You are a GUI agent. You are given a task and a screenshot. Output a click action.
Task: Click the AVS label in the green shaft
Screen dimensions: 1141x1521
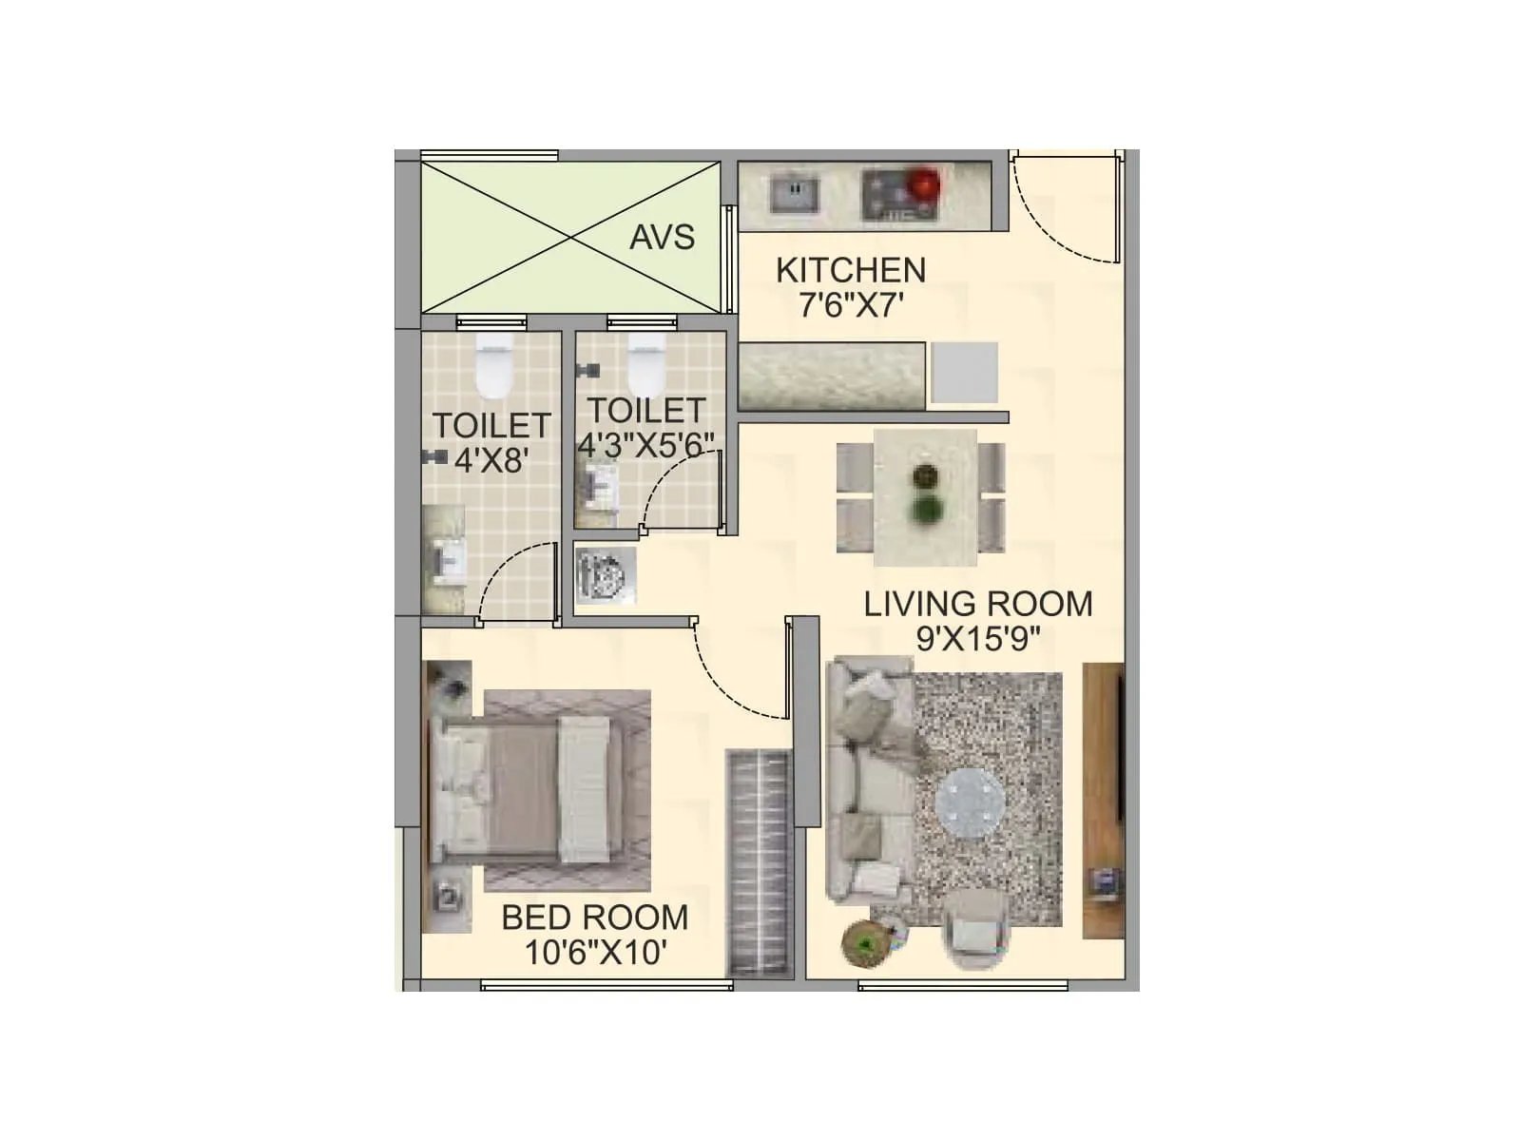pyautogui.click(x=662, y=237)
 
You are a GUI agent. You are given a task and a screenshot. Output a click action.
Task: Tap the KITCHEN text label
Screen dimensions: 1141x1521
pyautogui.click(x=850, y=271)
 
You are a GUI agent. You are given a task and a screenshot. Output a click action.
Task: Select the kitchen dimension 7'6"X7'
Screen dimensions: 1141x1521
pyautogui.click(x=850, y=306)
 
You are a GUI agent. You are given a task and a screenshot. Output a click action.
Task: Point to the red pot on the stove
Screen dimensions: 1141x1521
pyautogui.click(x=921, y=183)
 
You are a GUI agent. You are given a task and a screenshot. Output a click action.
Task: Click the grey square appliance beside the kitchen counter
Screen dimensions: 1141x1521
pyautogui.click(x=964, y=373)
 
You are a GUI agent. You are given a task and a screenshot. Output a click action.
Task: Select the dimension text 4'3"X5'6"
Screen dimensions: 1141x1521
pyautogui.click(x=645, y=445)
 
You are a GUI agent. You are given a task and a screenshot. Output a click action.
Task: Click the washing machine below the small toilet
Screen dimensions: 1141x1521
pyautogui.click(x=606, y=574)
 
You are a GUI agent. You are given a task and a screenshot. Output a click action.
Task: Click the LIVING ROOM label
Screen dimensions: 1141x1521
pyautogui.click(x=977, y=604)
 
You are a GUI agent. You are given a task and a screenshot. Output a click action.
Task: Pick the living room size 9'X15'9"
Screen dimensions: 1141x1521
pyautogui.click(x=977, y=639)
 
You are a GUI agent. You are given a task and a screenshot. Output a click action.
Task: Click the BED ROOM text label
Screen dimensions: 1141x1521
pyautogui.click(x=594, y=918)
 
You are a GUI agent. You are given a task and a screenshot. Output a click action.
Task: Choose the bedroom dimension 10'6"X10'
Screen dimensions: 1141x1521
pyautogui.click(x=594, y=952)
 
